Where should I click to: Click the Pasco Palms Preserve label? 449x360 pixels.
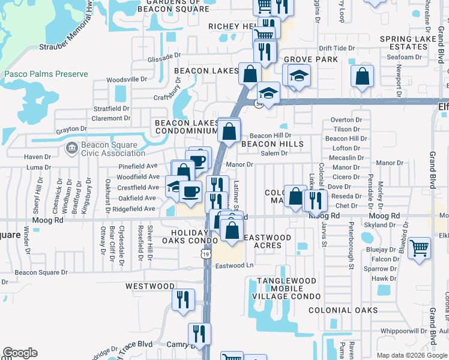(x=46, y=74)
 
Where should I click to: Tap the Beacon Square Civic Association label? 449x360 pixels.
(x=107, y=149)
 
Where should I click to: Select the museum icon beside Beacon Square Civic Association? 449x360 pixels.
(x=71, y=147)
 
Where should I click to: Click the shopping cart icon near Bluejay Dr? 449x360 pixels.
(x=419, y=247)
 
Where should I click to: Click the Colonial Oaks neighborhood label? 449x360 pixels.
(x=343, y=310)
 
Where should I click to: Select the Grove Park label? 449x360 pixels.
(x=310, y=59)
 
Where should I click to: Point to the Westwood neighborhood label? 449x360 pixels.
(x=150, y=287)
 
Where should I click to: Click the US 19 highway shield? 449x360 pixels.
(x=206, y=255)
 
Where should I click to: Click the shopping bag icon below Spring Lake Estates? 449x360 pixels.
(x=362, y=76)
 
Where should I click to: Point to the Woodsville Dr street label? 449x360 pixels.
(x=127, y=79)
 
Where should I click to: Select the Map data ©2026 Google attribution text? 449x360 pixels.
(x=411, y=356)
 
